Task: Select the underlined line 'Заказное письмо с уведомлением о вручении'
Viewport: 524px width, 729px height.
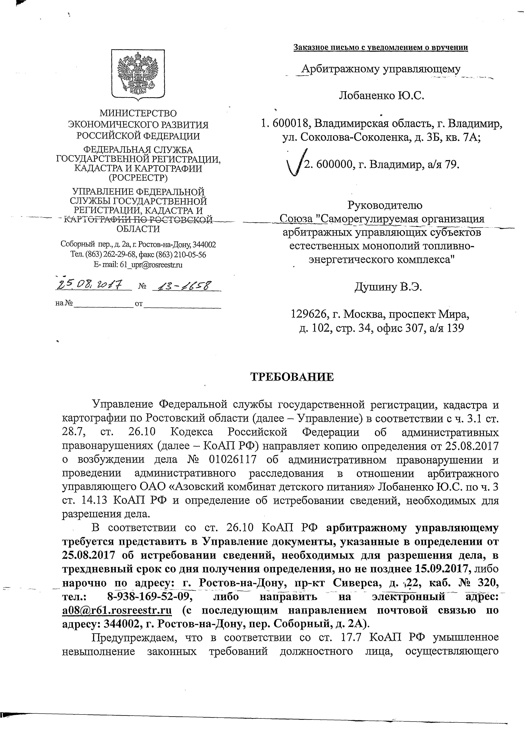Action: coord(380,48)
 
